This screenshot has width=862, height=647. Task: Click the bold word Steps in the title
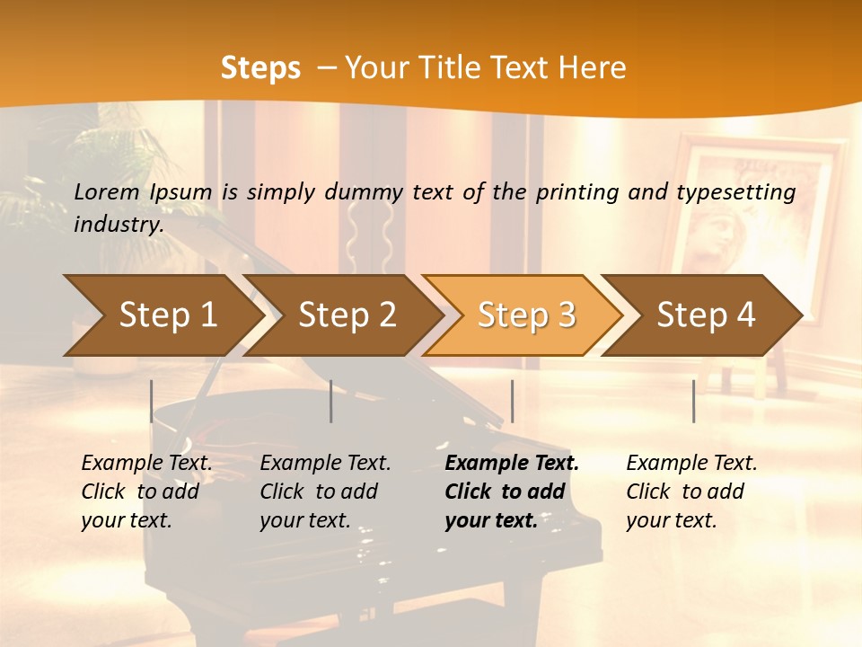pos(260,68)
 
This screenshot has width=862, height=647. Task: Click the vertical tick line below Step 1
pos(152,401)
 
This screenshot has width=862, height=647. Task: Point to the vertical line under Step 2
pos(331,401)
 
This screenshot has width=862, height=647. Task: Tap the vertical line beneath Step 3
pos(512,401)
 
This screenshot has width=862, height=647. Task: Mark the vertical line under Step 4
pos(693,401)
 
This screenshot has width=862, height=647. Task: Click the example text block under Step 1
pos(146,492)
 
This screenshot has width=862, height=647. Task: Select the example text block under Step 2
pos(325,492)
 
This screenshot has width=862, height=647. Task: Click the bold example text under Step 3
pos(512,492)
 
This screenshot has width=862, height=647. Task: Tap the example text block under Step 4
pos(691,492)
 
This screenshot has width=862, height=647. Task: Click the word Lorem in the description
pos(107,192)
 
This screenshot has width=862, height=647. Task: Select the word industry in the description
pos(119,224)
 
